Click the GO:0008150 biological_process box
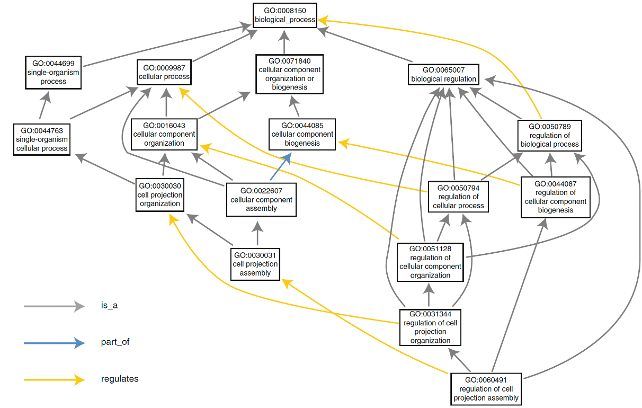pos(285,15)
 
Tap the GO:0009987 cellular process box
pos(164,72)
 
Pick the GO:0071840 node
pos(289,74)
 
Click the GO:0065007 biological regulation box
pos(444,75)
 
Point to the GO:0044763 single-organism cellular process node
pos(42,139)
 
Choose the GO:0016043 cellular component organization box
pos(164,134)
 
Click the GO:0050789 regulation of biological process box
pos(549,135)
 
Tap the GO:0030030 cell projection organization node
pos(160,194)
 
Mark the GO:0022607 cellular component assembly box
pos(261,200)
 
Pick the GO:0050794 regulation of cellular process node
pos(458,197)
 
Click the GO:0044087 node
pos(555,197)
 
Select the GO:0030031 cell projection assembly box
pos(255,264)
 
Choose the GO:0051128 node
pos(430,262)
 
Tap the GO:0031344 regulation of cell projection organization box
pos(430,327)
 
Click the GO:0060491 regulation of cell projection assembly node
pos(486,389)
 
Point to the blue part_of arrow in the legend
pos(53,343)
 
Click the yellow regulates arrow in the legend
pos(53,379)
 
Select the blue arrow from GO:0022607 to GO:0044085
pos(279,168)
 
